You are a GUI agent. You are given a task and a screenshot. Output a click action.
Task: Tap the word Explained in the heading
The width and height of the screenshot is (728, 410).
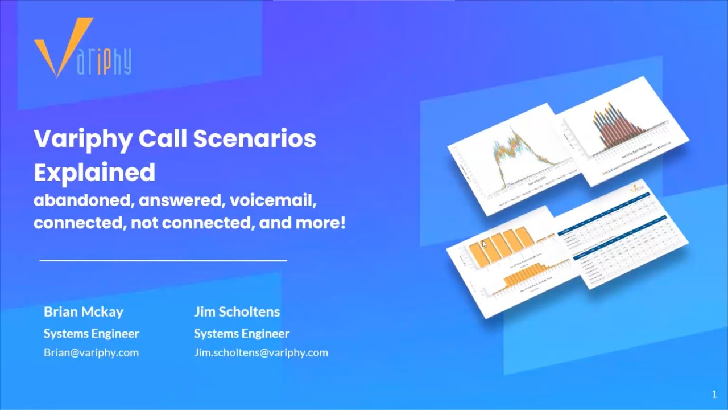(x=94, y=172)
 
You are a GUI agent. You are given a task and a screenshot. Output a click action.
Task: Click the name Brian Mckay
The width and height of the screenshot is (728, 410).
(x=84, y=311)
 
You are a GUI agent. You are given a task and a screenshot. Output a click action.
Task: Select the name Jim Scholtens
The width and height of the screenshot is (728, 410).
(x=237, y=311)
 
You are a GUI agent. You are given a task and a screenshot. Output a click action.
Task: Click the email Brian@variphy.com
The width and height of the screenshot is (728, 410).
(x=91, y=352)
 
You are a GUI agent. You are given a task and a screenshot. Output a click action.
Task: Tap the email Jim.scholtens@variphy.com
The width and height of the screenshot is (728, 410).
(x=260, y=352)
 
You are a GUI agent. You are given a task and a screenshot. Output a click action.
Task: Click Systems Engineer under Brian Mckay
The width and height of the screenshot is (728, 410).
(x=91, y=333)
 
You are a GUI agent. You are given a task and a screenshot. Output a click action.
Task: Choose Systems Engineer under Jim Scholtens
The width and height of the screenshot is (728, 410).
(x=241, y=333)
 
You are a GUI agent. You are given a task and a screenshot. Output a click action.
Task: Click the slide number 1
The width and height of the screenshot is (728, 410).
(x=714, y=394)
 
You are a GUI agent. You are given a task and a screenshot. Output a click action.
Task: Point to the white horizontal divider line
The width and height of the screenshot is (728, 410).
(x=163, y=260)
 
